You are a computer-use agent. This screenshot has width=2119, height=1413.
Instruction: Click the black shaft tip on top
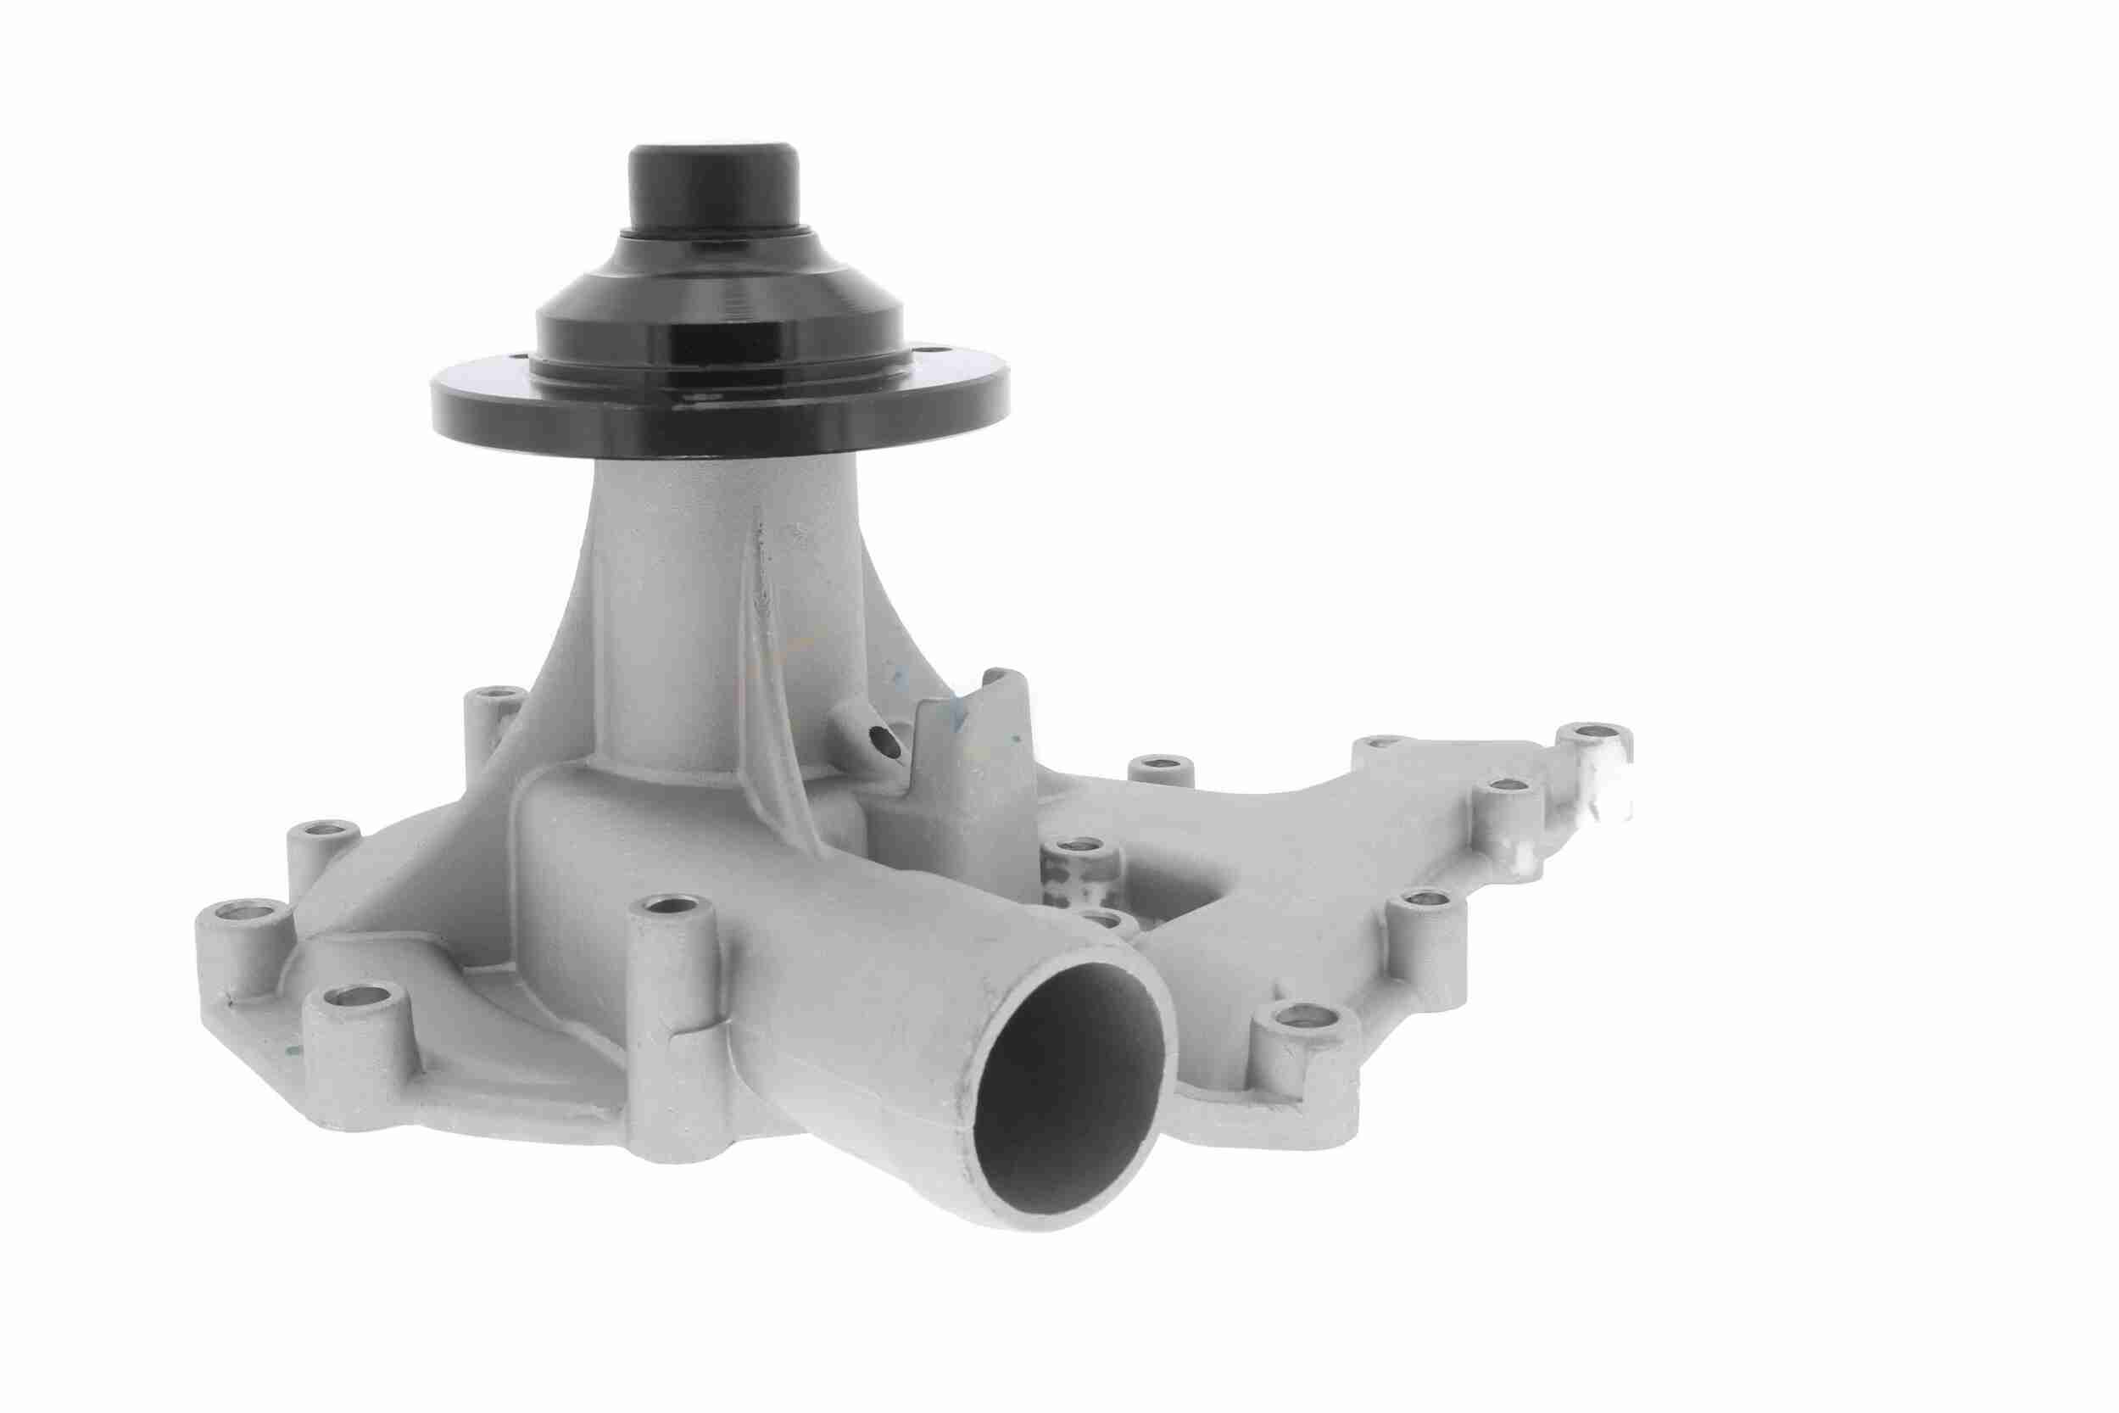(711, 189)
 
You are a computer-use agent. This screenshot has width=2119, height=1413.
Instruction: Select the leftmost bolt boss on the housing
(236, 937)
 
